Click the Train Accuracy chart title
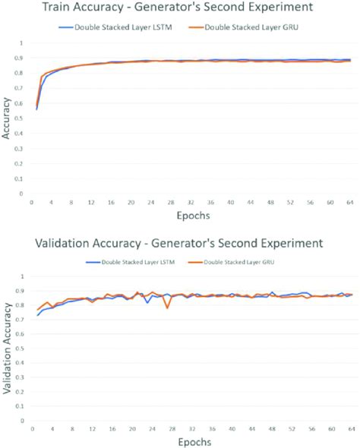tap(179, 9)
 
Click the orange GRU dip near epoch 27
tap(167, 308)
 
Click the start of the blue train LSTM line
tap(36, 109)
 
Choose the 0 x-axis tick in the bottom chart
tap(31, 428)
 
